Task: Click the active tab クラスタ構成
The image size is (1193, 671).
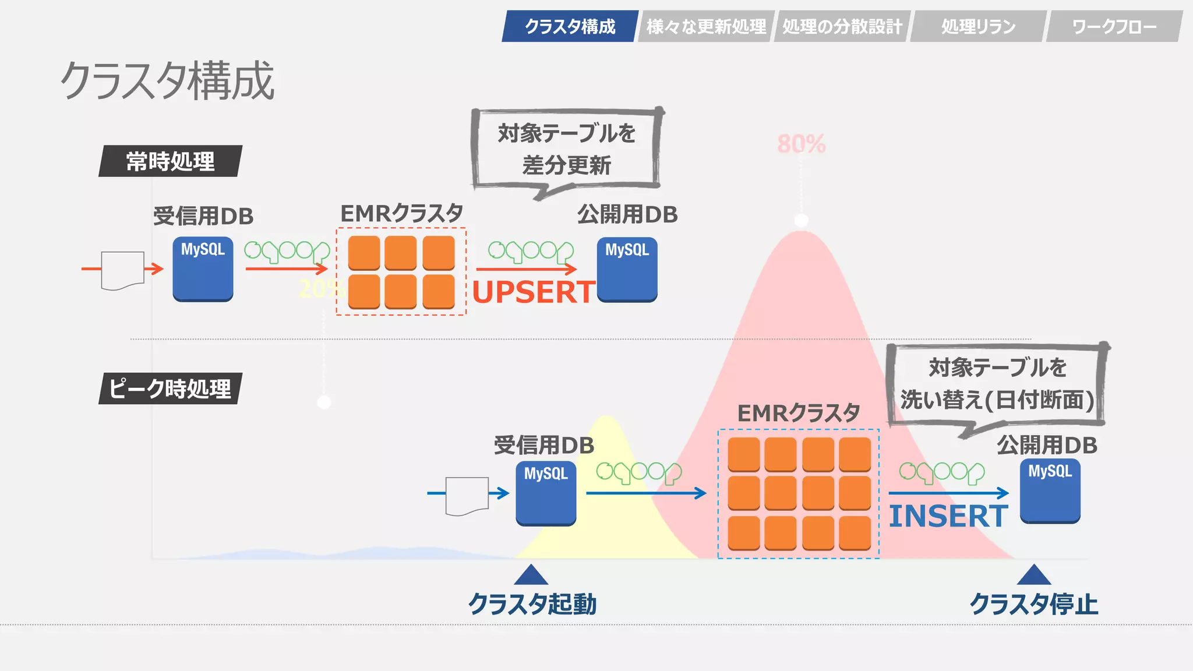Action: coord(570,26)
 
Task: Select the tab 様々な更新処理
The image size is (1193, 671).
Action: coord(706,26)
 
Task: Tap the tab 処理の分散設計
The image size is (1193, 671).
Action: coord(842,26)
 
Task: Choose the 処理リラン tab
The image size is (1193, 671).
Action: coord(978,26)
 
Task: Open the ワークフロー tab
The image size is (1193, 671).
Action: coord(1114,26)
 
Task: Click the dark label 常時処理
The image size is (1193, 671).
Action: coord(170,161)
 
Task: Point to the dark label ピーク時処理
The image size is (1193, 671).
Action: coord(170,389)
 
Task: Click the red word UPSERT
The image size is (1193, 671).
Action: coord(533,292)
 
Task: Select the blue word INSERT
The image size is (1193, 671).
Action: coord(948,516)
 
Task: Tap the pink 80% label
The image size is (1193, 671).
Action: coord(801,144)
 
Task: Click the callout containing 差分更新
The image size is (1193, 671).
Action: coord(566,149)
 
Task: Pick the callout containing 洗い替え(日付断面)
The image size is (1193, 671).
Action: coord(997,384)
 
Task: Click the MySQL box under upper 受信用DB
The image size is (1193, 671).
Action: coord(203,269)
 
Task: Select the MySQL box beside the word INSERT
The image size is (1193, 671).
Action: coord(1050,491)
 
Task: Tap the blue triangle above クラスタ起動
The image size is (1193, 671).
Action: coord(531,576)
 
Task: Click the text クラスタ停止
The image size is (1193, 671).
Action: coord(1033,604)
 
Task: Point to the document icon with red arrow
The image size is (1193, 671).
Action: coord(122,270)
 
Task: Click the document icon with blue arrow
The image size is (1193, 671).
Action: coord(467,495)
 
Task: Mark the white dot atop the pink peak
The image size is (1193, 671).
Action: coord(802,220)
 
